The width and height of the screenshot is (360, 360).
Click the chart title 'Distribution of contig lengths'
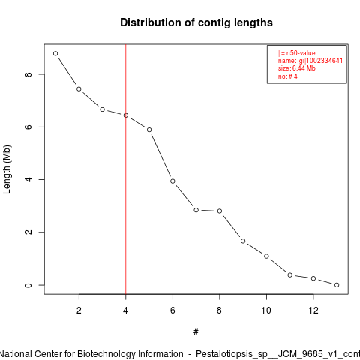click(x=196, y=22)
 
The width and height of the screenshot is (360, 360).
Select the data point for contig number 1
click(x=55, y=53)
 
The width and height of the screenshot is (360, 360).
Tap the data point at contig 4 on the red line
click(x=126, y=115)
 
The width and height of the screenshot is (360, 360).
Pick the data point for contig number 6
click(x=172, y=181)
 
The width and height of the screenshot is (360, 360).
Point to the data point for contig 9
click(x=243, y=241)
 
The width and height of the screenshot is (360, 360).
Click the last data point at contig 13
click(x=337, y=285)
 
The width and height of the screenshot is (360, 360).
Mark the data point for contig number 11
click(x=290, y=275)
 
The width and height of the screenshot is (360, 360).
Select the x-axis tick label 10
click(x=266, y=310)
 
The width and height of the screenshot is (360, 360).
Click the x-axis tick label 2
click(x=79, y=310)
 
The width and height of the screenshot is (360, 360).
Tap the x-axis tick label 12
click(x=313, y=310)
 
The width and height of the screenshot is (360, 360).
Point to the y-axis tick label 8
click(x=28, y=74)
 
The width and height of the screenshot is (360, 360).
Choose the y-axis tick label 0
click(x=28, y=285)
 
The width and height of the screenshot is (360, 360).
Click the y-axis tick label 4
click(x=28, y=179)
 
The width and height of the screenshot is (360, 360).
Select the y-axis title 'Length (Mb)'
click(x=7, y=169)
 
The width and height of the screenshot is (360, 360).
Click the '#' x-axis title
click(x=196, y=332)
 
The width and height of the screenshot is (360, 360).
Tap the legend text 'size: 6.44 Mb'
click(x=297, y=68)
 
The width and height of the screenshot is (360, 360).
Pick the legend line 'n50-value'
click(x=297, y=53)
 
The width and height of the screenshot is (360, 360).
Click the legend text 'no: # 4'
click(x=288, y=76)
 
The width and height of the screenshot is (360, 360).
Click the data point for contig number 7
click(x=196, y=210)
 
